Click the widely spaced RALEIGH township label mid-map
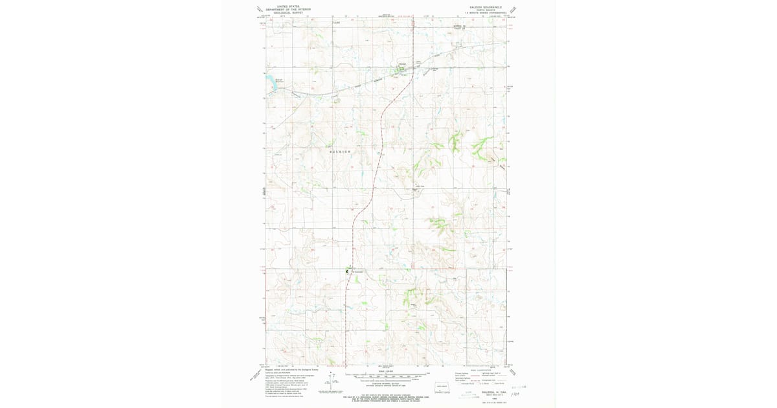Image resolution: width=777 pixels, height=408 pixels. pyautogui.click(x=340, y=151)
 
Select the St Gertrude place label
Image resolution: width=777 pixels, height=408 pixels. pyautogui.click(x=357, y=272)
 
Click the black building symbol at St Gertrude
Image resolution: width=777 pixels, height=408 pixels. pyautogui.click(x=348, y=271)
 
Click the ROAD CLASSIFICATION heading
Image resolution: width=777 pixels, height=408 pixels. pyautogui.click(x=484, y=370)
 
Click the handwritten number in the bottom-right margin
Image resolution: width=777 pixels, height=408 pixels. pyautogui.click(x=515, y=393)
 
